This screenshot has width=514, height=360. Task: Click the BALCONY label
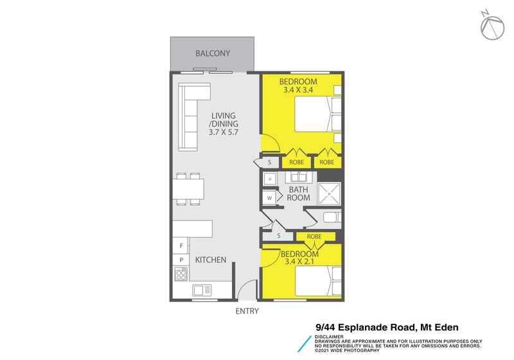[213, 53]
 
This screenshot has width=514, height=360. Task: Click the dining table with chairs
[188, 189]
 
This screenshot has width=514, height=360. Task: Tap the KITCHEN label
[210, 260]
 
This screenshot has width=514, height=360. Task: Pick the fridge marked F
[181, 246]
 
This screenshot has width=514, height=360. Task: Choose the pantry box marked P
[181, 260]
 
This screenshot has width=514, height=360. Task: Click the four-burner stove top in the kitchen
[180, 275]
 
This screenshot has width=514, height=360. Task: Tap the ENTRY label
[247, 311]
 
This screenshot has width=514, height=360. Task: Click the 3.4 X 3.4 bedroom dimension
[297, 91]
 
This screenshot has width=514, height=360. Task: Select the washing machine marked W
[269, 198]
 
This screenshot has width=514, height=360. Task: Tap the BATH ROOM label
[298, 194]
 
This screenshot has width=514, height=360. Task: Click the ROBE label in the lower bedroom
[314, 237]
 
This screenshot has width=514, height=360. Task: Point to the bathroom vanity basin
[271, 177]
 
